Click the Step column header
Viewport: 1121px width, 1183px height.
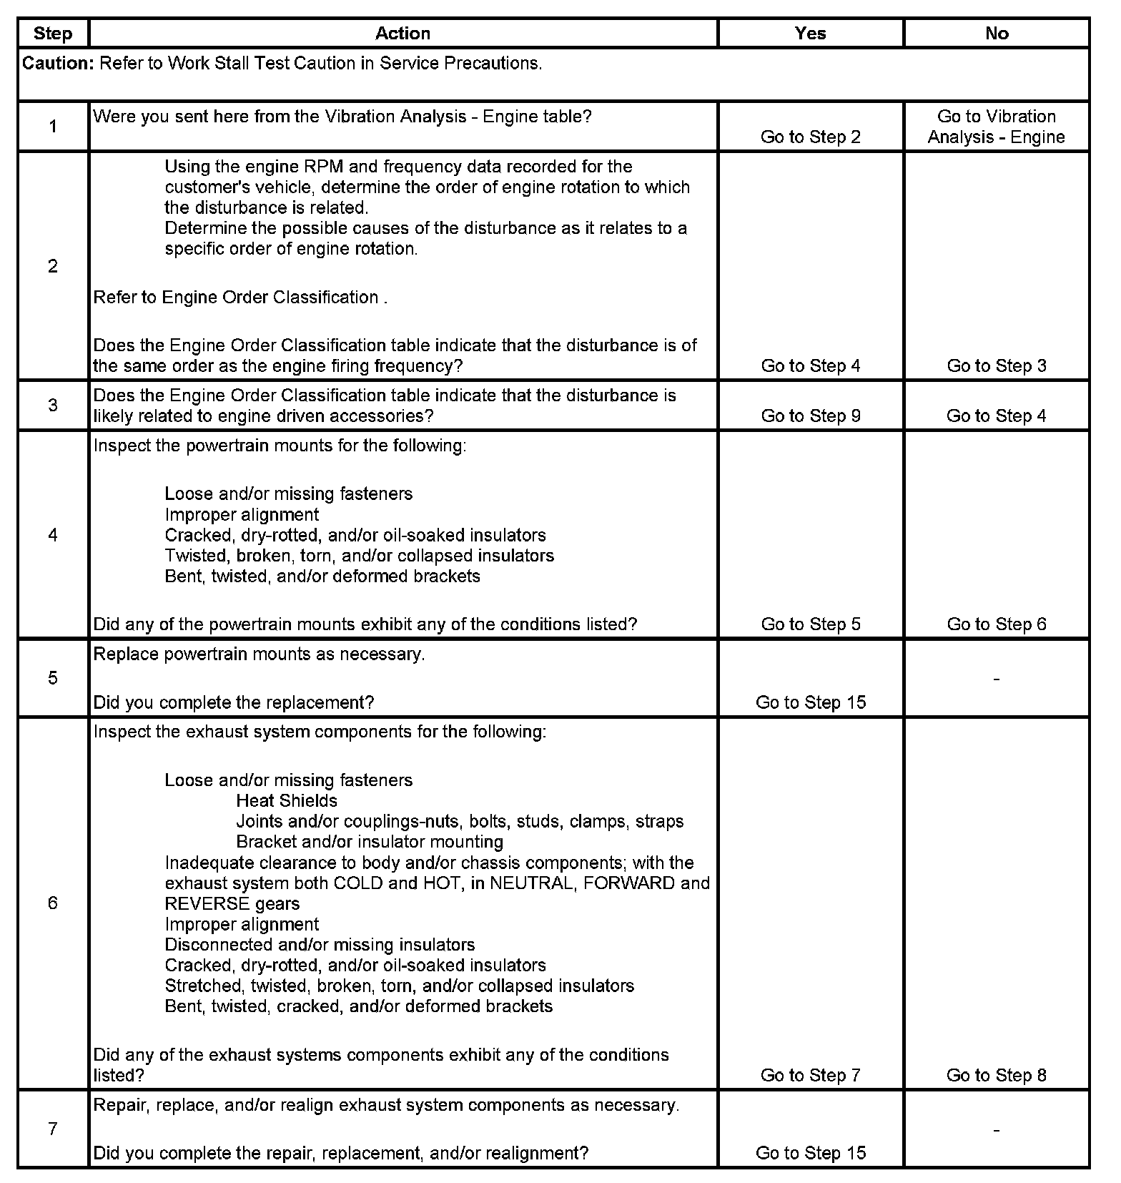coord(53,34)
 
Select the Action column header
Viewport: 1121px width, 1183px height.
coord(403,34)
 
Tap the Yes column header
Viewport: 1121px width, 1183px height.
coord(810,34)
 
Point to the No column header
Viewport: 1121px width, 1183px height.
coord(997,34)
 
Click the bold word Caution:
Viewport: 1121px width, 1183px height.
coord(58,64)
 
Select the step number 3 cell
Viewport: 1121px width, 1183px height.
coord(53,406)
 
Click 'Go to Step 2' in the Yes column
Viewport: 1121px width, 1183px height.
coord(811,137)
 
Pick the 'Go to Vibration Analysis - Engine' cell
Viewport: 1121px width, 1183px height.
coord(997,127)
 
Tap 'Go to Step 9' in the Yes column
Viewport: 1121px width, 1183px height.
coord(811,416)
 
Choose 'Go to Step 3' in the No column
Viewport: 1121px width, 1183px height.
coord(997,366)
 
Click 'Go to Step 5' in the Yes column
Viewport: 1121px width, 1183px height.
coord(811,624)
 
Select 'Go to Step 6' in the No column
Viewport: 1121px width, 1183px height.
coord(997,624)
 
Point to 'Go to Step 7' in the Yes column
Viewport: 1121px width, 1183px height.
coord(811,1075)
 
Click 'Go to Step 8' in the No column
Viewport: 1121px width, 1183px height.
coord(997,1075)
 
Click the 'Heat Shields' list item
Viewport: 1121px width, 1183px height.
coord(287,801)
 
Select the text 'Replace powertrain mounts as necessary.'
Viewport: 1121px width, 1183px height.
coord(259,654)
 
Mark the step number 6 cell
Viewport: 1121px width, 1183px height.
coord(53,903)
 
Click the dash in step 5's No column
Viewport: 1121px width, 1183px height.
coord(997,679)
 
